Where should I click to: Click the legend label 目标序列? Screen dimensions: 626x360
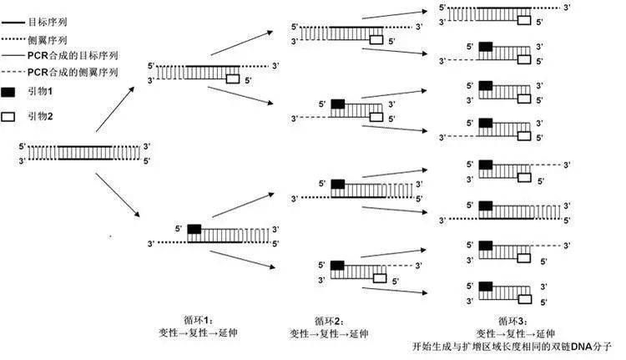pyautogui.click(x=48, y=22)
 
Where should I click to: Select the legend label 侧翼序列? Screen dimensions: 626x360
pyautogui.click(x=48, y=40)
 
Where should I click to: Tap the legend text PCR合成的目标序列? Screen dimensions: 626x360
pyautogui.click(x=73, y=55)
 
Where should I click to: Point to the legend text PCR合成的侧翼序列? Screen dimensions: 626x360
pyautogui.click(x=73, y=73)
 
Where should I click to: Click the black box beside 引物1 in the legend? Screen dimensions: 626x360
pyautogui.click(x=8, y=93)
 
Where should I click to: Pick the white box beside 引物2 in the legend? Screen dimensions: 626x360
pyautogui.click(x=8, y=117)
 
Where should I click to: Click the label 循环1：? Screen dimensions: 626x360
pyautogui.click(x=199, y=320)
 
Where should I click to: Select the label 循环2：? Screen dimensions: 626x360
pyautogui.click(x=329, y=321)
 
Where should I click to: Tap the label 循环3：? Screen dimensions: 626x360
pyautogui.click(x=513, y=321)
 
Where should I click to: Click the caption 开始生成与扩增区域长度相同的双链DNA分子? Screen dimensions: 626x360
pyautogui.click(x=512, y=346)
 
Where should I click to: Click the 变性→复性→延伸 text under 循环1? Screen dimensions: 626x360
pyautogui.click(x=198, y=332)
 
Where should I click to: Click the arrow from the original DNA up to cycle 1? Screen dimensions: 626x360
pyautogui.click(x=115, y=109)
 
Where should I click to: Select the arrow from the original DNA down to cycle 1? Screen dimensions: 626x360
pyautogui.click(x=118, y=195)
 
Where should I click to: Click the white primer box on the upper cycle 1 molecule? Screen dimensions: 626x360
pyautogui.click(x=233, y=79)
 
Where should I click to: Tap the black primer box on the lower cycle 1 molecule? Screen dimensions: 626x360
pyautogui.click(x=194, y=229)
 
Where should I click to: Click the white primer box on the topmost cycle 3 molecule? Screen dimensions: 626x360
pyautogui.click(x=524, y=20)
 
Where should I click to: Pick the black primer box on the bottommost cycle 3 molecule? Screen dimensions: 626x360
pyautogui.click(x=486, y=286)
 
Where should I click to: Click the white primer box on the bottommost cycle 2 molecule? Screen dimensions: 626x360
pyautogui.click(x=380, y=278)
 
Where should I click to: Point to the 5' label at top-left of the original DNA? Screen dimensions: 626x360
pyautogui.click(x=23, y=147)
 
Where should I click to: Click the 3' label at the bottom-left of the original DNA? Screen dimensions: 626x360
pyautogui.click(x=23, y=161)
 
